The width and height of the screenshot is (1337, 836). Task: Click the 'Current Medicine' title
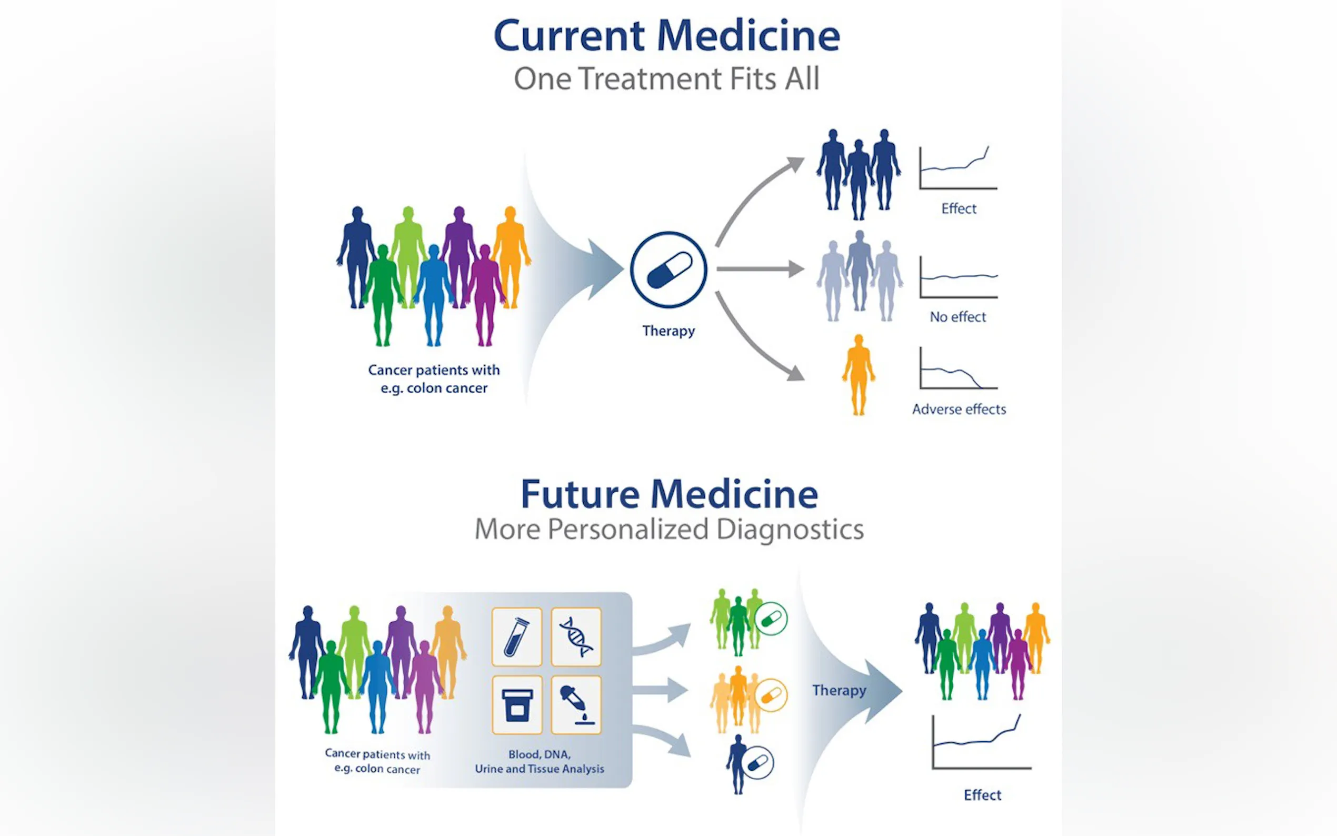pos(666,36)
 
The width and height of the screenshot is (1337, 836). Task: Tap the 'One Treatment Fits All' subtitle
pos(666,78)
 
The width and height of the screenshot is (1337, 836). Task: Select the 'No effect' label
pos(958,317)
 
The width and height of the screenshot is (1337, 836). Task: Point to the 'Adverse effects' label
pos(959,409)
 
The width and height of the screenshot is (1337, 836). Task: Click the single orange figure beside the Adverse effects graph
pos(859,374)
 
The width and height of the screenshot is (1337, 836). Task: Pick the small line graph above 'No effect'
pos(959,277)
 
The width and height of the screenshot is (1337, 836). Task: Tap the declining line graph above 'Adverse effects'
pos(958,369)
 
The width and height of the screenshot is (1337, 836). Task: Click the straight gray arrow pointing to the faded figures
pos(760,269)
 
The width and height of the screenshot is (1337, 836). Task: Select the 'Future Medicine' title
pos(669,494)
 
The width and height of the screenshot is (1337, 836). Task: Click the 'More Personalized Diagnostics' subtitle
pos(669,529)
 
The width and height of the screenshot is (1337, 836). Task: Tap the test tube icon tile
pos(517,637)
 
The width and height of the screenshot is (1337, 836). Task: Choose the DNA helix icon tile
pos(576,637)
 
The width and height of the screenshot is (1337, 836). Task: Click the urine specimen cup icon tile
pos(517,705)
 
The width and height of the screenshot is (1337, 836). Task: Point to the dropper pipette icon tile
pos(576,705)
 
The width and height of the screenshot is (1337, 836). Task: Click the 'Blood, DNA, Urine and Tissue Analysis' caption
pos(540,761)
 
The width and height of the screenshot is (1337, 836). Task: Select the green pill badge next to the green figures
pos(771,618)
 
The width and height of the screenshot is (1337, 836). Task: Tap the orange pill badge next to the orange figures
pos(771,695)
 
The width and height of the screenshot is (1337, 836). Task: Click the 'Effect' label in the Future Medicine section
pos(982,795)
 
